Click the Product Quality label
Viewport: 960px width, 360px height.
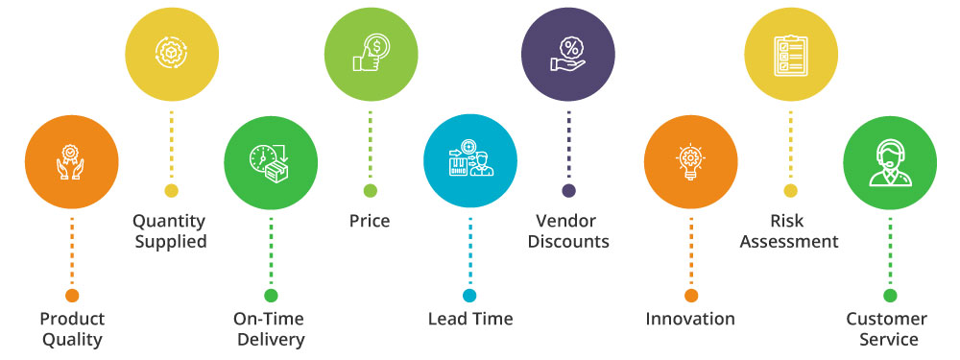(x=72, y=328)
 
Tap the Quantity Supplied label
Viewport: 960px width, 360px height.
(x=170, y=231)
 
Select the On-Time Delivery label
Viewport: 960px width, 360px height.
(x=270, y=328)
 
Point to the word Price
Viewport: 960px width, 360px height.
(x=370, y=221)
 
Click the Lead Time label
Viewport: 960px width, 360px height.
(x=470, y=319)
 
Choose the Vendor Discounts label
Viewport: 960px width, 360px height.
(x=568, y=231)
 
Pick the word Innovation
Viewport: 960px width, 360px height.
(x=690, y=319)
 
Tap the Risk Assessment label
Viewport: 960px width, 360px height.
(x=789, y=231)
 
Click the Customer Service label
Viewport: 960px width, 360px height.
(x=887, y=328)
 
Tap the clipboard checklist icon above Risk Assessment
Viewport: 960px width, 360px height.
(x=791, y=54)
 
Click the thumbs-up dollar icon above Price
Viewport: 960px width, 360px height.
(x=370, y=54)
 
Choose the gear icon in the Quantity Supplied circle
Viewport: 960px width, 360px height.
(x=172, y=54)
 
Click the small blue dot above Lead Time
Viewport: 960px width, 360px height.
(x=469, y=296)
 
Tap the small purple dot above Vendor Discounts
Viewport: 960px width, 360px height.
(x=568, y=191)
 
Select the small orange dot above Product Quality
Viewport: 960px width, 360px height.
(x=72, y=296)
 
